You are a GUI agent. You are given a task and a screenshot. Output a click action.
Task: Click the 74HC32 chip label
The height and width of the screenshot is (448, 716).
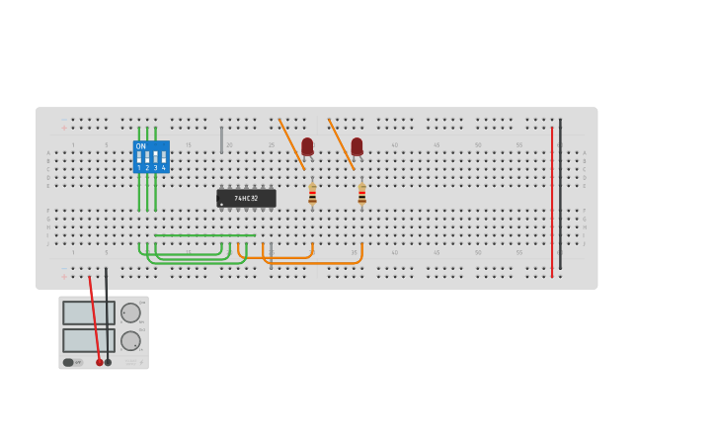pyautogui.click(x=246, y=199)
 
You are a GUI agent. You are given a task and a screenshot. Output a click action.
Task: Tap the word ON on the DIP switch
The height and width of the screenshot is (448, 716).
pyautogui.click(x=140, y=146)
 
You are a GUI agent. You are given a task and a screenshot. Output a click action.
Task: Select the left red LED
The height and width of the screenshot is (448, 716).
pyautogui.click(x=307, y=146)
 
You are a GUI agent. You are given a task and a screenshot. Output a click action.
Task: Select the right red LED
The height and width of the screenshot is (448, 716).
pyautogui.click(x=357, y=146)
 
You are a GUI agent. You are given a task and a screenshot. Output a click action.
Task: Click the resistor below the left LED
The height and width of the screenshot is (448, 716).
pyautogui.click(x=312, y=194)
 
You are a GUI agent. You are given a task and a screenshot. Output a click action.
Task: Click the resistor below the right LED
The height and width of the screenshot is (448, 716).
pyautogui.click(x=361, y=194)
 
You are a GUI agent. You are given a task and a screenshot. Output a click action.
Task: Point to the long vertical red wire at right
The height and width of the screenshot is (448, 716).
pyautogui.click(x=552, y=198)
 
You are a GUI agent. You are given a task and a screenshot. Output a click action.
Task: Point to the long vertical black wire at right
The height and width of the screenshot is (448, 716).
pyautogui.click(x=560, y=198)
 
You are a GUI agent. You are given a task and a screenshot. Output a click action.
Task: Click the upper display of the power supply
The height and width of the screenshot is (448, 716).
pyautogui.click(x=88, y=313)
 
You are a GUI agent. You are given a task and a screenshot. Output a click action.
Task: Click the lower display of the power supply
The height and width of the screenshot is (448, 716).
pyautogui.click(x=88, y=340)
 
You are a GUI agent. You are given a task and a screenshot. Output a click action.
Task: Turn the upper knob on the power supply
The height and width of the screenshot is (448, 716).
pyautogui.click(x=130, y=313)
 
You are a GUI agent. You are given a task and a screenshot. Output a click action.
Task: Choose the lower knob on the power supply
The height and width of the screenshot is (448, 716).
pyautogui.click(x=130, y=340)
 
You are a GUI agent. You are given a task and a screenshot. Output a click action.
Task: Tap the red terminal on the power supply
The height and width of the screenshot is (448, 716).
pyautogui.click(x=100, y=362)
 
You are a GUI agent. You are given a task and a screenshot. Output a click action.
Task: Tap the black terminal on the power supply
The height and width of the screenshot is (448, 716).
pyautogui.click(x=109, y=362)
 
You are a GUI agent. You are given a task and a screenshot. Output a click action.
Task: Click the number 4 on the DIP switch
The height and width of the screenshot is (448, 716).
pyautogui.click(x=163, y=168)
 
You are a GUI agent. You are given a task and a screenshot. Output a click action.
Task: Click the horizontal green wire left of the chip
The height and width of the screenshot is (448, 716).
pyautogui.click(x=204, y=235)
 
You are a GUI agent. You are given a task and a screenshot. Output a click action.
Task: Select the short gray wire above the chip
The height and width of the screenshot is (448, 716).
pyautogui.click(x=221, y=139)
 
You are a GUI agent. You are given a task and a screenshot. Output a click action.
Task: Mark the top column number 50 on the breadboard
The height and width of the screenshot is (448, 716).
pyautogui.click(x=478, y=145)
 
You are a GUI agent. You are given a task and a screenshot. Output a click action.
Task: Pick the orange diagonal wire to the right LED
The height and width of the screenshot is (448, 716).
pyautogui.click(x=341, y=143)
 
